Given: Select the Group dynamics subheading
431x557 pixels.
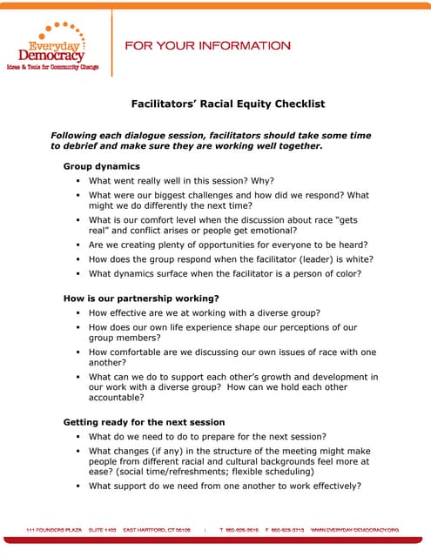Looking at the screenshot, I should [x=101, y=165].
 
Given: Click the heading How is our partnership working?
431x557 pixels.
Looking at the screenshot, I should [x=141, y=299].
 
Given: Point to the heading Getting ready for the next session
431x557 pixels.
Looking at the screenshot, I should [x=144, y=422].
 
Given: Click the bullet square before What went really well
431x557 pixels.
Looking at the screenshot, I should [x=77, y=181].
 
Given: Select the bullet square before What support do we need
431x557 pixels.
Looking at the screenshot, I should [x=77, y=487].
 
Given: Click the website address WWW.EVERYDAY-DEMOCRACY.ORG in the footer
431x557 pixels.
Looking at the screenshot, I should [x=354, y=529].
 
